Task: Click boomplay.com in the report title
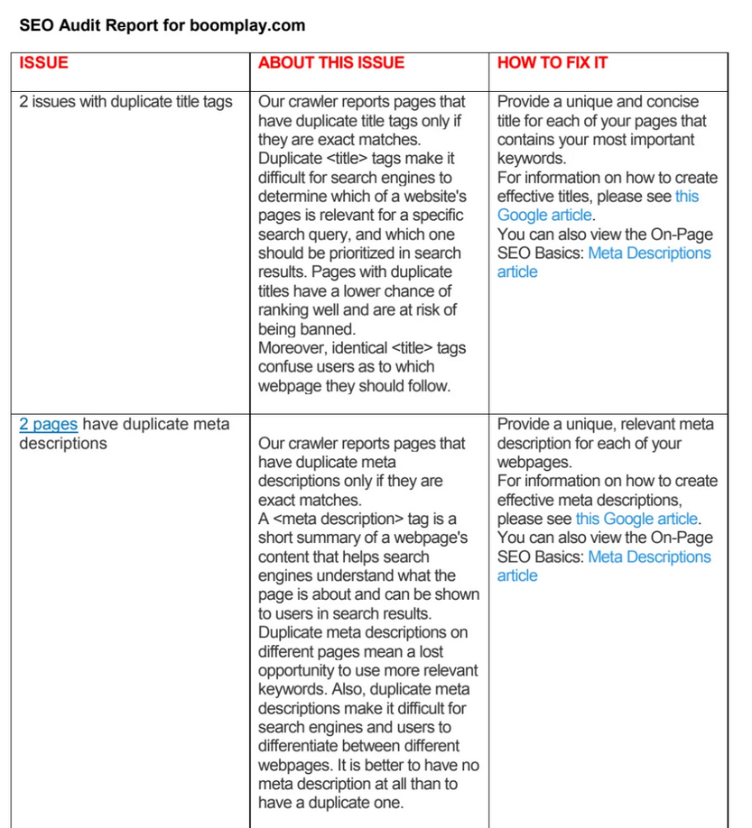[247, 25]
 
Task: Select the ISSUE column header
[43, 63]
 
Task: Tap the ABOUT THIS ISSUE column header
[330, 63]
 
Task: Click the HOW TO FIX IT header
[552, 63]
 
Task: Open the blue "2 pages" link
[48, 425]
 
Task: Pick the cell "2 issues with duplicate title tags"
[125, 102]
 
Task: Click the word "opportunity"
[299, 671]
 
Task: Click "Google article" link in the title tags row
[544, 216]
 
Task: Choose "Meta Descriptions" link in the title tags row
[649, 253]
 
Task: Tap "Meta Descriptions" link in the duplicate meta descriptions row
[649, 557]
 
